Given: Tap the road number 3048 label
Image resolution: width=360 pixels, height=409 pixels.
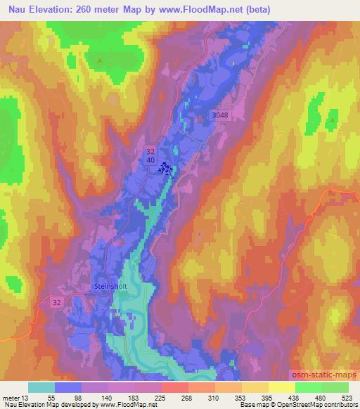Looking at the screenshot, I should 221,115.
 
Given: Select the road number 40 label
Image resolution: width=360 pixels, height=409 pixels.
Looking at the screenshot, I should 151,160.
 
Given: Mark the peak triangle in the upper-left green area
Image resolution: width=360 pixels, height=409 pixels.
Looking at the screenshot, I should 100,60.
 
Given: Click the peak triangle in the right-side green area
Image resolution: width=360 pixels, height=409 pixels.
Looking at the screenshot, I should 330,120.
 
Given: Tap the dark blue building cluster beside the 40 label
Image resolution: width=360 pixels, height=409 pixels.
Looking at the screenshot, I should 166,168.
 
